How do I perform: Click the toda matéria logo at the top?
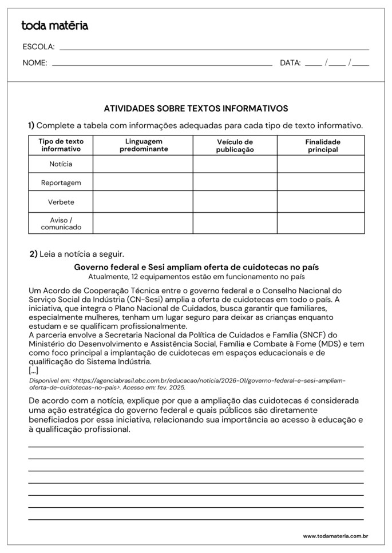54,26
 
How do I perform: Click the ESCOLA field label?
38,47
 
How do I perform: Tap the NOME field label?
35,63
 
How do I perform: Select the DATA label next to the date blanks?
290,63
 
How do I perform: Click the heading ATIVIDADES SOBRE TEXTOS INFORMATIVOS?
196,108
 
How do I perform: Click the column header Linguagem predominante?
144,145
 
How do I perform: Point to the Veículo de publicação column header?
235,146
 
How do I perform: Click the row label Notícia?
61,164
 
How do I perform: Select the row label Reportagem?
61,183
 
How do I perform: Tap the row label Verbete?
61,202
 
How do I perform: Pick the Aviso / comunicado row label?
61,223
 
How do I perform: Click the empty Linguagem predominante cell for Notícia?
143,164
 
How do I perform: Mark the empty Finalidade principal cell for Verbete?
321,202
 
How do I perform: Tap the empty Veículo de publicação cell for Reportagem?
235,183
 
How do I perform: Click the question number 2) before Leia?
33,254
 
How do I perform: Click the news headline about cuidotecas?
196,267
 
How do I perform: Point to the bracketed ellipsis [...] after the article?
33,370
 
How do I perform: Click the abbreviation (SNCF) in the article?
312,335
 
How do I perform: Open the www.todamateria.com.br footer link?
335,536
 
